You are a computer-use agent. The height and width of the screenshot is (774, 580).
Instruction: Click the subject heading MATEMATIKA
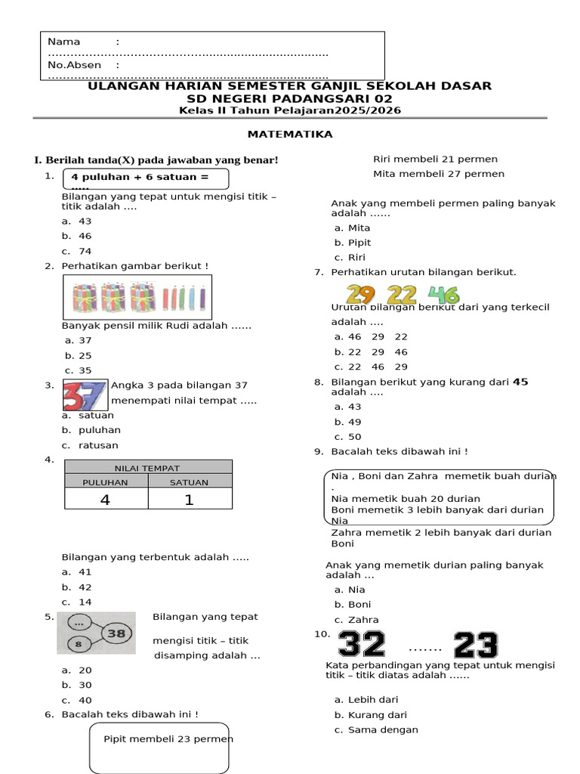[291, 135]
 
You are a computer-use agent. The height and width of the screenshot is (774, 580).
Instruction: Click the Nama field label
[63, 42]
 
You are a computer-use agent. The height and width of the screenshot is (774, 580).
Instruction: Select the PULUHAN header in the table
[106, 481]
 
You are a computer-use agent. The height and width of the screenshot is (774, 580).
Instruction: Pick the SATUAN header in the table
[190, 481]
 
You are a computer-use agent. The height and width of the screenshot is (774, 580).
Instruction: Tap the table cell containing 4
[106, 500]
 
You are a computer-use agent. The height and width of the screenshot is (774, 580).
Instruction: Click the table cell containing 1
[190, 500]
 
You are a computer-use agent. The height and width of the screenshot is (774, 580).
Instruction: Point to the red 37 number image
[84, 395]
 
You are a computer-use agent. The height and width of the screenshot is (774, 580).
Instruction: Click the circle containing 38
[116, 633]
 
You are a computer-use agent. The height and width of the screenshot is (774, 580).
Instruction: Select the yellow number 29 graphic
[362, 295]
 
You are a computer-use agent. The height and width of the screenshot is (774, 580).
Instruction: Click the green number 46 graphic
[443, 295]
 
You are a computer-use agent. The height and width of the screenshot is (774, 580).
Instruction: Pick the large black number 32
[362, 645]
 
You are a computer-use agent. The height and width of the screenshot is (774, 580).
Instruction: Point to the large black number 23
[476, 646]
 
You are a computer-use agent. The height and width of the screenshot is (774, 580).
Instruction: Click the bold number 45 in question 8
[520, 382]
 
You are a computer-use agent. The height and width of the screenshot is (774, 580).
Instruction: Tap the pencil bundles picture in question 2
[137, 297]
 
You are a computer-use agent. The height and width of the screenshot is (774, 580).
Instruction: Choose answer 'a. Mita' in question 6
[352, 228]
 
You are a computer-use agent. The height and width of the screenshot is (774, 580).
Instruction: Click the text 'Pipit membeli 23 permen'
[168, 738]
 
